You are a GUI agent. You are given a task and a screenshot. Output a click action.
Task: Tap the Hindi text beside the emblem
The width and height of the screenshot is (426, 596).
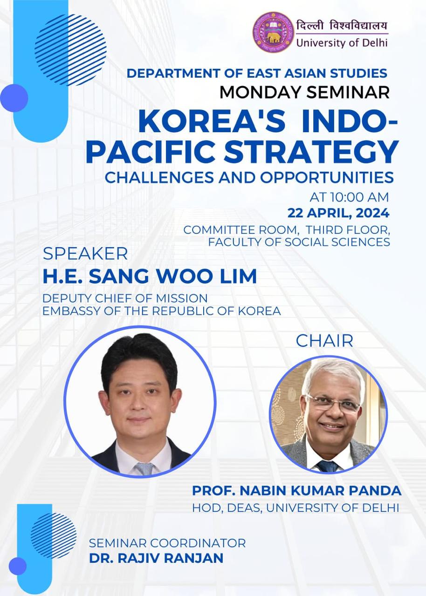pyautogui.click(x=342, y=26)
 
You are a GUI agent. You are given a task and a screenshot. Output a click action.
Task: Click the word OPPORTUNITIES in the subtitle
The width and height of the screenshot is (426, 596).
pyautogui.click(x=327, y=177)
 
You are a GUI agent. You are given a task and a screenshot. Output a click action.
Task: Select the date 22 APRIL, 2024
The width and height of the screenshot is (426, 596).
pyautogui.click(x=338, y=213)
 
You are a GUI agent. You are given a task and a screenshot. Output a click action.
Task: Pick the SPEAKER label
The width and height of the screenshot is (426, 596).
pyautogui.click(x=85, y=254)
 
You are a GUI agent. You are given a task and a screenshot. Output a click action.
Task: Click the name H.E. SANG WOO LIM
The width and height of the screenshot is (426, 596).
pyautogui.click(x=150, y=276)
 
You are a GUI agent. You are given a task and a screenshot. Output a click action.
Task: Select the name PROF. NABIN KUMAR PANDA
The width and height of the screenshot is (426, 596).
pyautogui.click(x=296, y=491)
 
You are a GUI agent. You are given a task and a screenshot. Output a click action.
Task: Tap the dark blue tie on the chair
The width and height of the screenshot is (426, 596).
pyautogui.click(x=327, y=467)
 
